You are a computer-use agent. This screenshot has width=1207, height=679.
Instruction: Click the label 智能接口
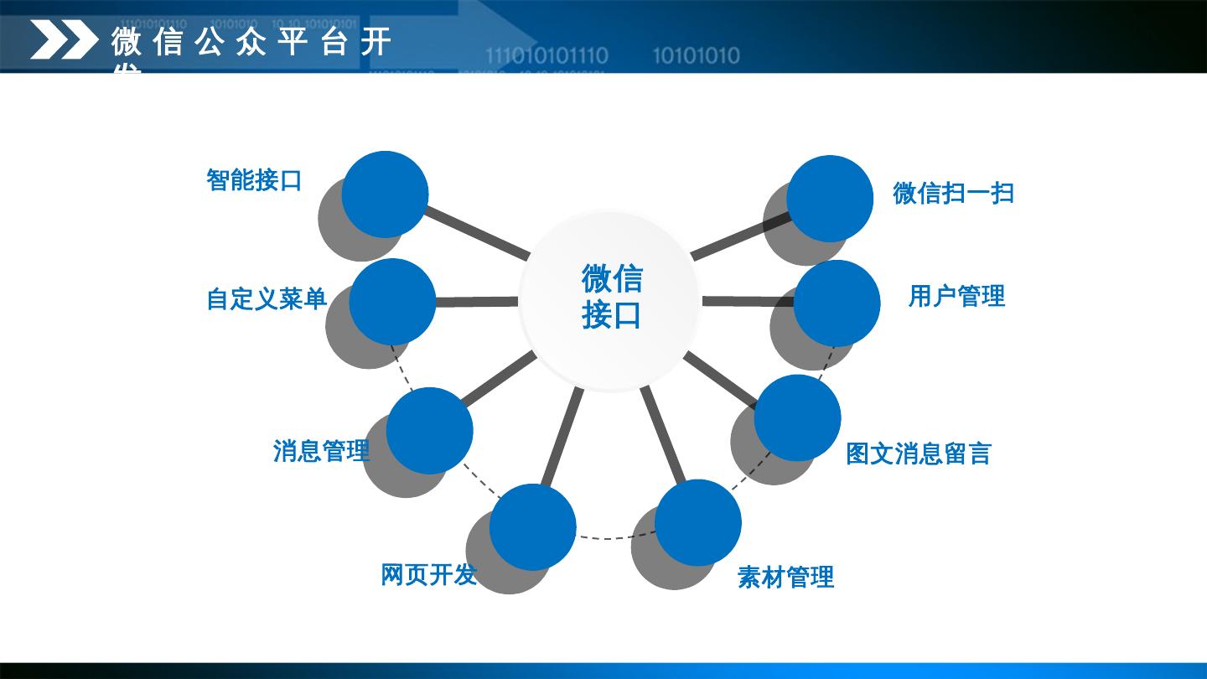(x=254, y=179)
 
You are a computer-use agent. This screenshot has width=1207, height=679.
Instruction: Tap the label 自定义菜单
(x=267, y=299)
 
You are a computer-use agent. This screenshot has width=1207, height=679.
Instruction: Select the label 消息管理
(x=321, y=451)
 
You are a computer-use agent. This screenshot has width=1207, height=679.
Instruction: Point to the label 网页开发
(x=428, y=575)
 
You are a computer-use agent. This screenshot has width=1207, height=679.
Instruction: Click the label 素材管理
(x=785, y=577)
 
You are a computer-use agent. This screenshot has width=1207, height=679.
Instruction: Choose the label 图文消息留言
(x=918, y=454)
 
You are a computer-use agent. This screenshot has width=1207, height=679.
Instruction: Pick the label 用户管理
(x=956, y=296)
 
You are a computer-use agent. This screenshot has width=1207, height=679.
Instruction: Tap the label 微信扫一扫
(x=953, y=193)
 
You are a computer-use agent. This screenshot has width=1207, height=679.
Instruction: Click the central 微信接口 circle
(x=610, y=300)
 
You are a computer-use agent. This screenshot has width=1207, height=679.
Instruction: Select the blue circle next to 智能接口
(x=386, y=194)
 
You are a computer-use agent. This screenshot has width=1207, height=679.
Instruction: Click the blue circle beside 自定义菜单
(x=392, y=301)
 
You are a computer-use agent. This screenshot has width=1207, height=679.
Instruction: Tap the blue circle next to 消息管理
(x=430, y=431)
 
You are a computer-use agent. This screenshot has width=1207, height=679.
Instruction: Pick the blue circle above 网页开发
(x=533, y=527)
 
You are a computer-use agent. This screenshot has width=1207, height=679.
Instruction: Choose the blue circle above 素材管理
(x=698, y=522)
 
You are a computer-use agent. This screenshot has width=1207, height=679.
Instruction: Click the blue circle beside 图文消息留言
(x=797, y=417)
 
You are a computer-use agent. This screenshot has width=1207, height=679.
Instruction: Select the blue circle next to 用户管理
(x=837, y=303)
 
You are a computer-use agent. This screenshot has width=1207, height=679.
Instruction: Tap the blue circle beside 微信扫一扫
(x=830, y=199)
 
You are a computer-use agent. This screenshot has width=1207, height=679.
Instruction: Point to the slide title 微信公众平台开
(x=251, y=42)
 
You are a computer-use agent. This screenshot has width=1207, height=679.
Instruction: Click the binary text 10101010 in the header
(x=696, y=56)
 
